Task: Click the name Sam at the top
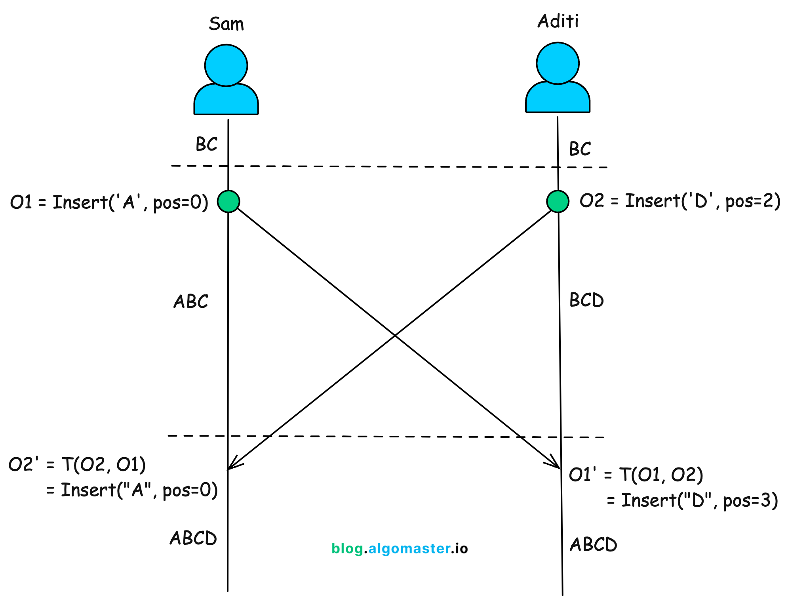tap(226, 24)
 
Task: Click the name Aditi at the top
tap(558, 21)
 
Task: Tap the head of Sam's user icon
tap(226, 65)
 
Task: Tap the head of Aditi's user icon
tap(558, 63)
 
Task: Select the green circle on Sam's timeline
tap(228, 201)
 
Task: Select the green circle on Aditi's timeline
tap(558, 201)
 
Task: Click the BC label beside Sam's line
tap(206, 144)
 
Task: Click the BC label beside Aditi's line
tap(580, 149)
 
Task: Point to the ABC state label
tap(190, 302)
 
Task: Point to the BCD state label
tap(586, 300)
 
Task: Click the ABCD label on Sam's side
tap(193, 538)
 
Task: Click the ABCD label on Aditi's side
tap(593, 544)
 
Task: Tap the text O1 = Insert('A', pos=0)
tap(109, 202)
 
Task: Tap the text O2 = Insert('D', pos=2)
tap(680, 201)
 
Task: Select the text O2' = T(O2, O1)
tap(77, 464)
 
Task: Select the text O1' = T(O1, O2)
tap(636, 475)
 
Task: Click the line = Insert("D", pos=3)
tap(692, 500)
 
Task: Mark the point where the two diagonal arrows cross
tap(394, 336)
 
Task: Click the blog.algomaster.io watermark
tap(400, 548)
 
